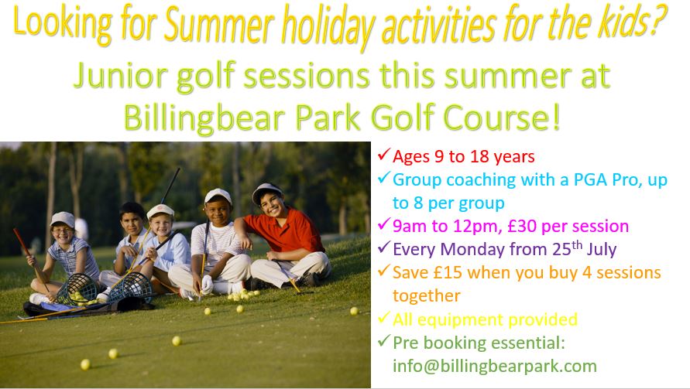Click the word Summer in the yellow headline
click(219, 23)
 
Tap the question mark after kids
click(658, 20)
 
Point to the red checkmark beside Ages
click(384, 154)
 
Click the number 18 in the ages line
click(479, 156)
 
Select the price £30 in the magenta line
click(522, 226)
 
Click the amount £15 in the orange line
click(448, 272)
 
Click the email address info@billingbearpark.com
click(495, 366)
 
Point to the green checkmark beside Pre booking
click(384, 340)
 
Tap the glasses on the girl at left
click(62, 230)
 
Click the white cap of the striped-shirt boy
click(218, 196)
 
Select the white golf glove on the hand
click(207, 284)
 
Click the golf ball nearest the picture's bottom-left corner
click(85, 364)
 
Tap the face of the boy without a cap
click(132, 223)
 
